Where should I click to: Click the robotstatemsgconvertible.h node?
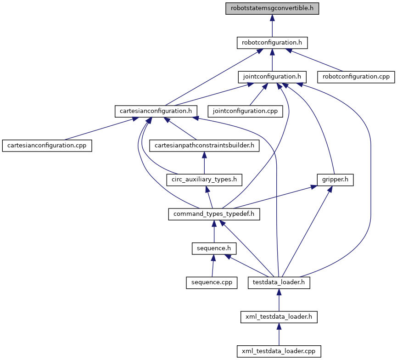pyautogui.click(x=272, y=8)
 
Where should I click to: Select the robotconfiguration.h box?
pyautogui.click(x=272, y=43)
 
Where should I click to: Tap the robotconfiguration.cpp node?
pyautogui.click(x=356, y=77)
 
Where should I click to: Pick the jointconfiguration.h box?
pyautogui.click(x=272, y=77)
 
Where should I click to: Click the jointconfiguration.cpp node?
pyautogui.click(x=245, y=111)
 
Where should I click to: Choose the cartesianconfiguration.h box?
pyautogui.click(x=156, y=111)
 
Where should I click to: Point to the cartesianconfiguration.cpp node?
pyautogui.click(x=47, y=145)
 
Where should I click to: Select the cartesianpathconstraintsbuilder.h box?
pyautogui.click(x=204, y=145)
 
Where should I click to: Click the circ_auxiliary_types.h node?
pyautogui.click(x=204, y=179)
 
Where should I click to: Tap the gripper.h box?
pyautogui.click(x=335, y=179)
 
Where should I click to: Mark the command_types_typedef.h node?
pyautogui.click(x=214, y=214)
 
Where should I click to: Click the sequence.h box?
pyautogui.click(x=214, y=248)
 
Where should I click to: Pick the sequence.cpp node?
pyautogui.click(x=211, y=282)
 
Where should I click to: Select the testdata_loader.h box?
pyautogui.click(x=279, y=282)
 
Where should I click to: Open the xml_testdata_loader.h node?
pyautogui.click(x=279, y=316)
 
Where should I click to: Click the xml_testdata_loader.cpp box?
pyautogui.click(x=279, y=351)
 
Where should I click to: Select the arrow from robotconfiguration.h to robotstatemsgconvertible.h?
pyautogui.click(x=272, y=26)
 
